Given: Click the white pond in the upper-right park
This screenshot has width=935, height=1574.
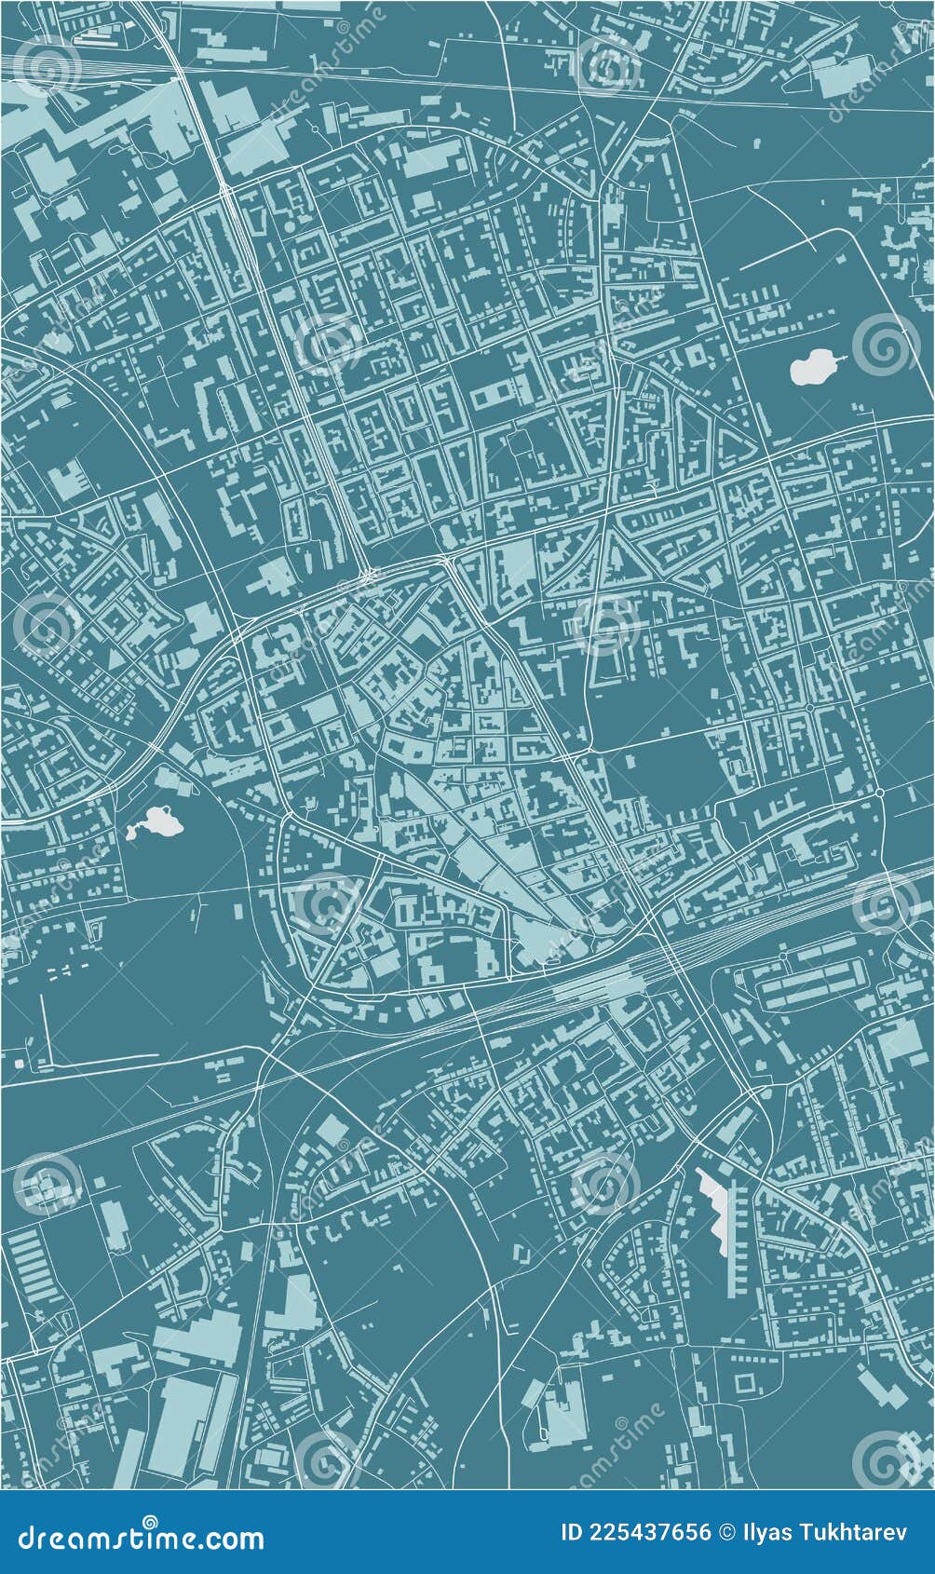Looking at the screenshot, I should point(812,368).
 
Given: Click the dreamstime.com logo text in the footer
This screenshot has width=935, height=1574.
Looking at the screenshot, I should point(141,1539).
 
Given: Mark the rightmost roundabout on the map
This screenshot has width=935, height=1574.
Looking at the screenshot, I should point(879,793).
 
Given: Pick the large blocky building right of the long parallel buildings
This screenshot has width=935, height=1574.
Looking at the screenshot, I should point(898,1043).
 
